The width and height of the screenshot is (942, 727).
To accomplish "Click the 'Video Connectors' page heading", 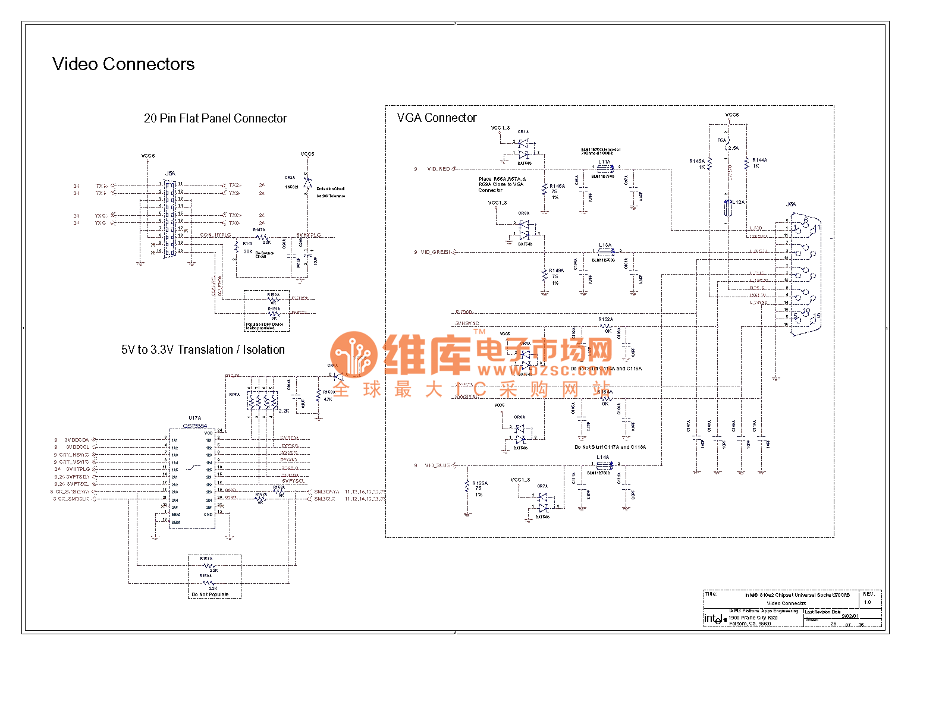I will [123, 64].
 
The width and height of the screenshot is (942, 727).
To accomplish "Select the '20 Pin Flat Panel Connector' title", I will [215, 118].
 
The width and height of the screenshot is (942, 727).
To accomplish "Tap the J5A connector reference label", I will [170, 174].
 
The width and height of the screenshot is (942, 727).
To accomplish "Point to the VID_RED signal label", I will [438, 169].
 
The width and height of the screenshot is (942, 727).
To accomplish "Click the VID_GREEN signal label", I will [436, 252].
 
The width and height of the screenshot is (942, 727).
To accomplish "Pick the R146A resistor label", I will [557, 186].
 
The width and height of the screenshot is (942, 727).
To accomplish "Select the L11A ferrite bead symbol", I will [605, 168].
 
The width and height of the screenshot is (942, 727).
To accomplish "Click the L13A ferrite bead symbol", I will [605, 251].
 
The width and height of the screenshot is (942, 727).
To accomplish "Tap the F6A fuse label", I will [721, 140].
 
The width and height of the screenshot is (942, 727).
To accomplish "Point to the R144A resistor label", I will [759, 160].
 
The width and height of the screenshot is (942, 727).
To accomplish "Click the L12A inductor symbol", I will [727, 208].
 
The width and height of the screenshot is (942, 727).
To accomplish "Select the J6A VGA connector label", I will [791, 204].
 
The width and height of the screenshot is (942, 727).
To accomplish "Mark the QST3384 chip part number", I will [195, 426].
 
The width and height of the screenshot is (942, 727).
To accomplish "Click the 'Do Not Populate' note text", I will [210, 594].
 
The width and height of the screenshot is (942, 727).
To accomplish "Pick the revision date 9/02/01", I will [850, 616].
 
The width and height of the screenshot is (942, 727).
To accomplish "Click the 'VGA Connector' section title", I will [437, 118].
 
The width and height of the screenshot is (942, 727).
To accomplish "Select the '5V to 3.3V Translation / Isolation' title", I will [203, 350].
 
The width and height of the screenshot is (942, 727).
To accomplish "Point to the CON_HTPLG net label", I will [215, 235].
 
